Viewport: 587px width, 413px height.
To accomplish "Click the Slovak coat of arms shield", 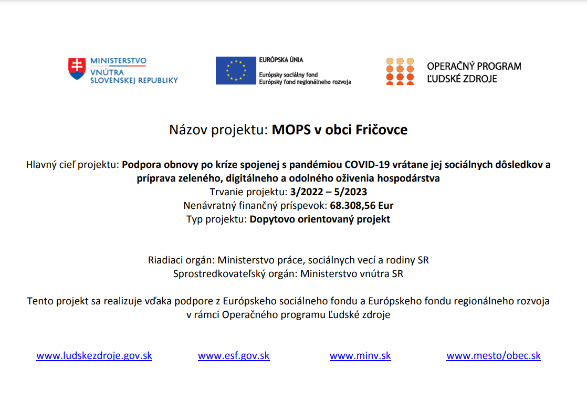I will [x=77, y=69].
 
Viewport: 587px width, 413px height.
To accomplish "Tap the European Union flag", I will [x=236, y=70].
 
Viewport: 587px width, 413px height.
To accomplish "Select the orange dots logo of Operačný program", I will [x=400, y=71].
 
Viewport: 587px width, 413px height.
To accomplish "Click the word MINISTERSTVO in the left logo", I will [x=118, y=61].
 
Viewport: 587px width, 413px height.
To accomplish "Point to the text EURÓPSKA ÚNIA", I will [x=281, y=60].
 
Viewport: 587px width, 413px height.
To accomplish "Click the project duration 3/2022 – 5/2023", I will [x=328, y=192].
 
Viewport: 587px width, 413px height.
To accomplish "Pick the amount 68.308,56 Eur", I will [x=362, y=205].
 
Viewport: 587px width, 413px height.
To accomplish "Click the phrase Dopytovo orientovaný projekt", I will [x=320, y=219].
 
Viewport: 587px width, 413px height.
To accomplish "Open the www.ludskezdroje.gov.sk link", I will [x=94, y=355].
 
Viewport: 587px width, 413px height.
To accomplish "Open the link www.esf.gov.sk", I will [x=234, y=355].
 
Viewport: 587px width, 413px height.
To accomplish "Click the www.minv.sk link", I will [x=360, y=355].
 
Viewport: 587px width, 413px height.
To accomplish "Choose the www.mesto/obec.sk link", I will [x=494, y=355].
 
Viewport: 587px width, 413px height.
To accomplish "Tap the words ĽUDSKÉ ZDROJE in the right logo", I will [x=462, y=79].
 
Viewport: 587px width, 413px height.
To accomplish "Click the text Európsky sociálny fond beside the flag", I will [x=288, y=75].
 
